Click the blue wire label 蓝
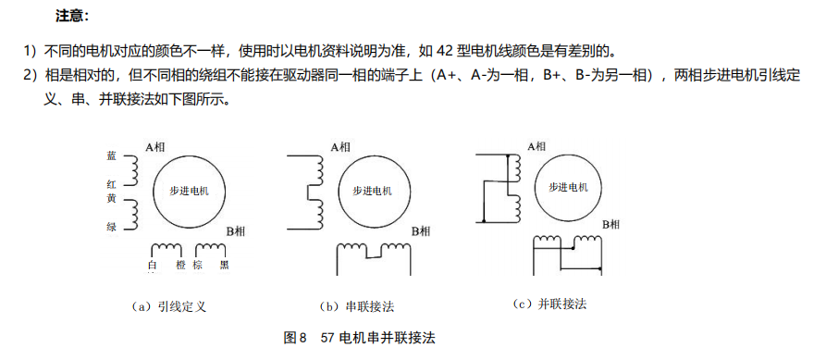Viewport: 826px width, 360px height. (111, 156)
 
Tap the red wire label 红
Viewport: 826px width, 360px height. (111, 184)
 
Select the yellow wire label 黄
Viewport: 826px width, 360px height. (111, 199)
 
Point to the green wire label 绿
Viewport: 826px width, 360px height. (111, 227)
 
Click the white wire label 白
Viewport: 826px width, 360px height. (153, 266)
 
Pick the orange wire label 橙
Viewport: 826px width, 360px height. (180, 266)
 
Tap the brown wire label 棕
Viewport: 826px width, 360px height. (198, 266)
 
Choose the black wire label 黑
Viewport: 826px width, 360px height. (225, 266)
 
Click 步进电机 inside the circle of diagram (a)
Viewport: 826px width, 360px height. (190, 190)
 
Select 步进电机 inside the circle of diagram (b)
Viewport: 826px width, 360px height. (373, 190)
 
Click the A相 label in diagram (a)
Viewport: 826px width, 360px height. (156, 146)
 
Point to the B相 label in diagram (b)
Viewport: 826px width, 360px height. (421, 230)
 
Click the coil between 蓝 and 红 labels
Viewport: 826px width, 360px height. (130, 170)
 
